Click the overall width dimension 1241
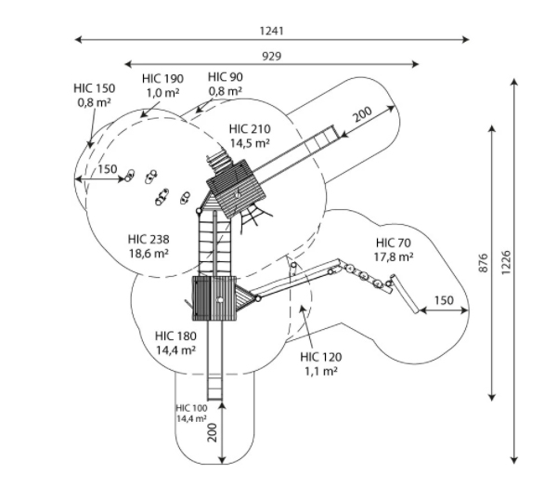click(272, 31)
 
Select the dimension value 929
click(272, 56)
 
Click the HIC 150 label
click(95, 88)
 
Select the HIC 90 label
click(226, 76)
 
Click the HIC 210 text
click(249, 128)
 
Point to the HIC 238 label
click(148, 239)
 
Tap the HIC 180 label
click(175, 336)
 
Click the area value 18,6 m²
click(148, 253)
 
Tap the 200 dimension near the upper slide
click(363, 117)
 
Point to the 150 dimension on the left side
click(107, 168)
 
